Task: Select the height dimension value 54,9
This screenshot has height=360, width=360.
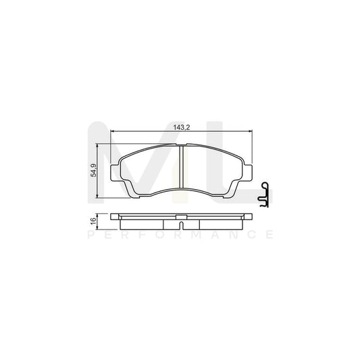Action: (x=95, y=171)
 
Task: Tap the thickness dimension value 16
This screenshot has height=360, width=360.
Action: (x=95, y=220)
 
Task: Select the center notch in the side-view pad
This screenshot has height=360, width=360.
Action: (x=181, y=217)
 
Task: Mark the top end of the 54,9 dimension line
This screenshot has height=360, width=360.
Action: (x=99, y=145)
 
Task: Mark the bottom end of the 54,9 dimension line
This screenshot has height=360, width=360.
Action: (x=99, y=198)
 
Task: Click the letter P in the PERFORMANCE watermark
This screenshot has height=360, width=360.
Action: (x=90, y=234)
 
